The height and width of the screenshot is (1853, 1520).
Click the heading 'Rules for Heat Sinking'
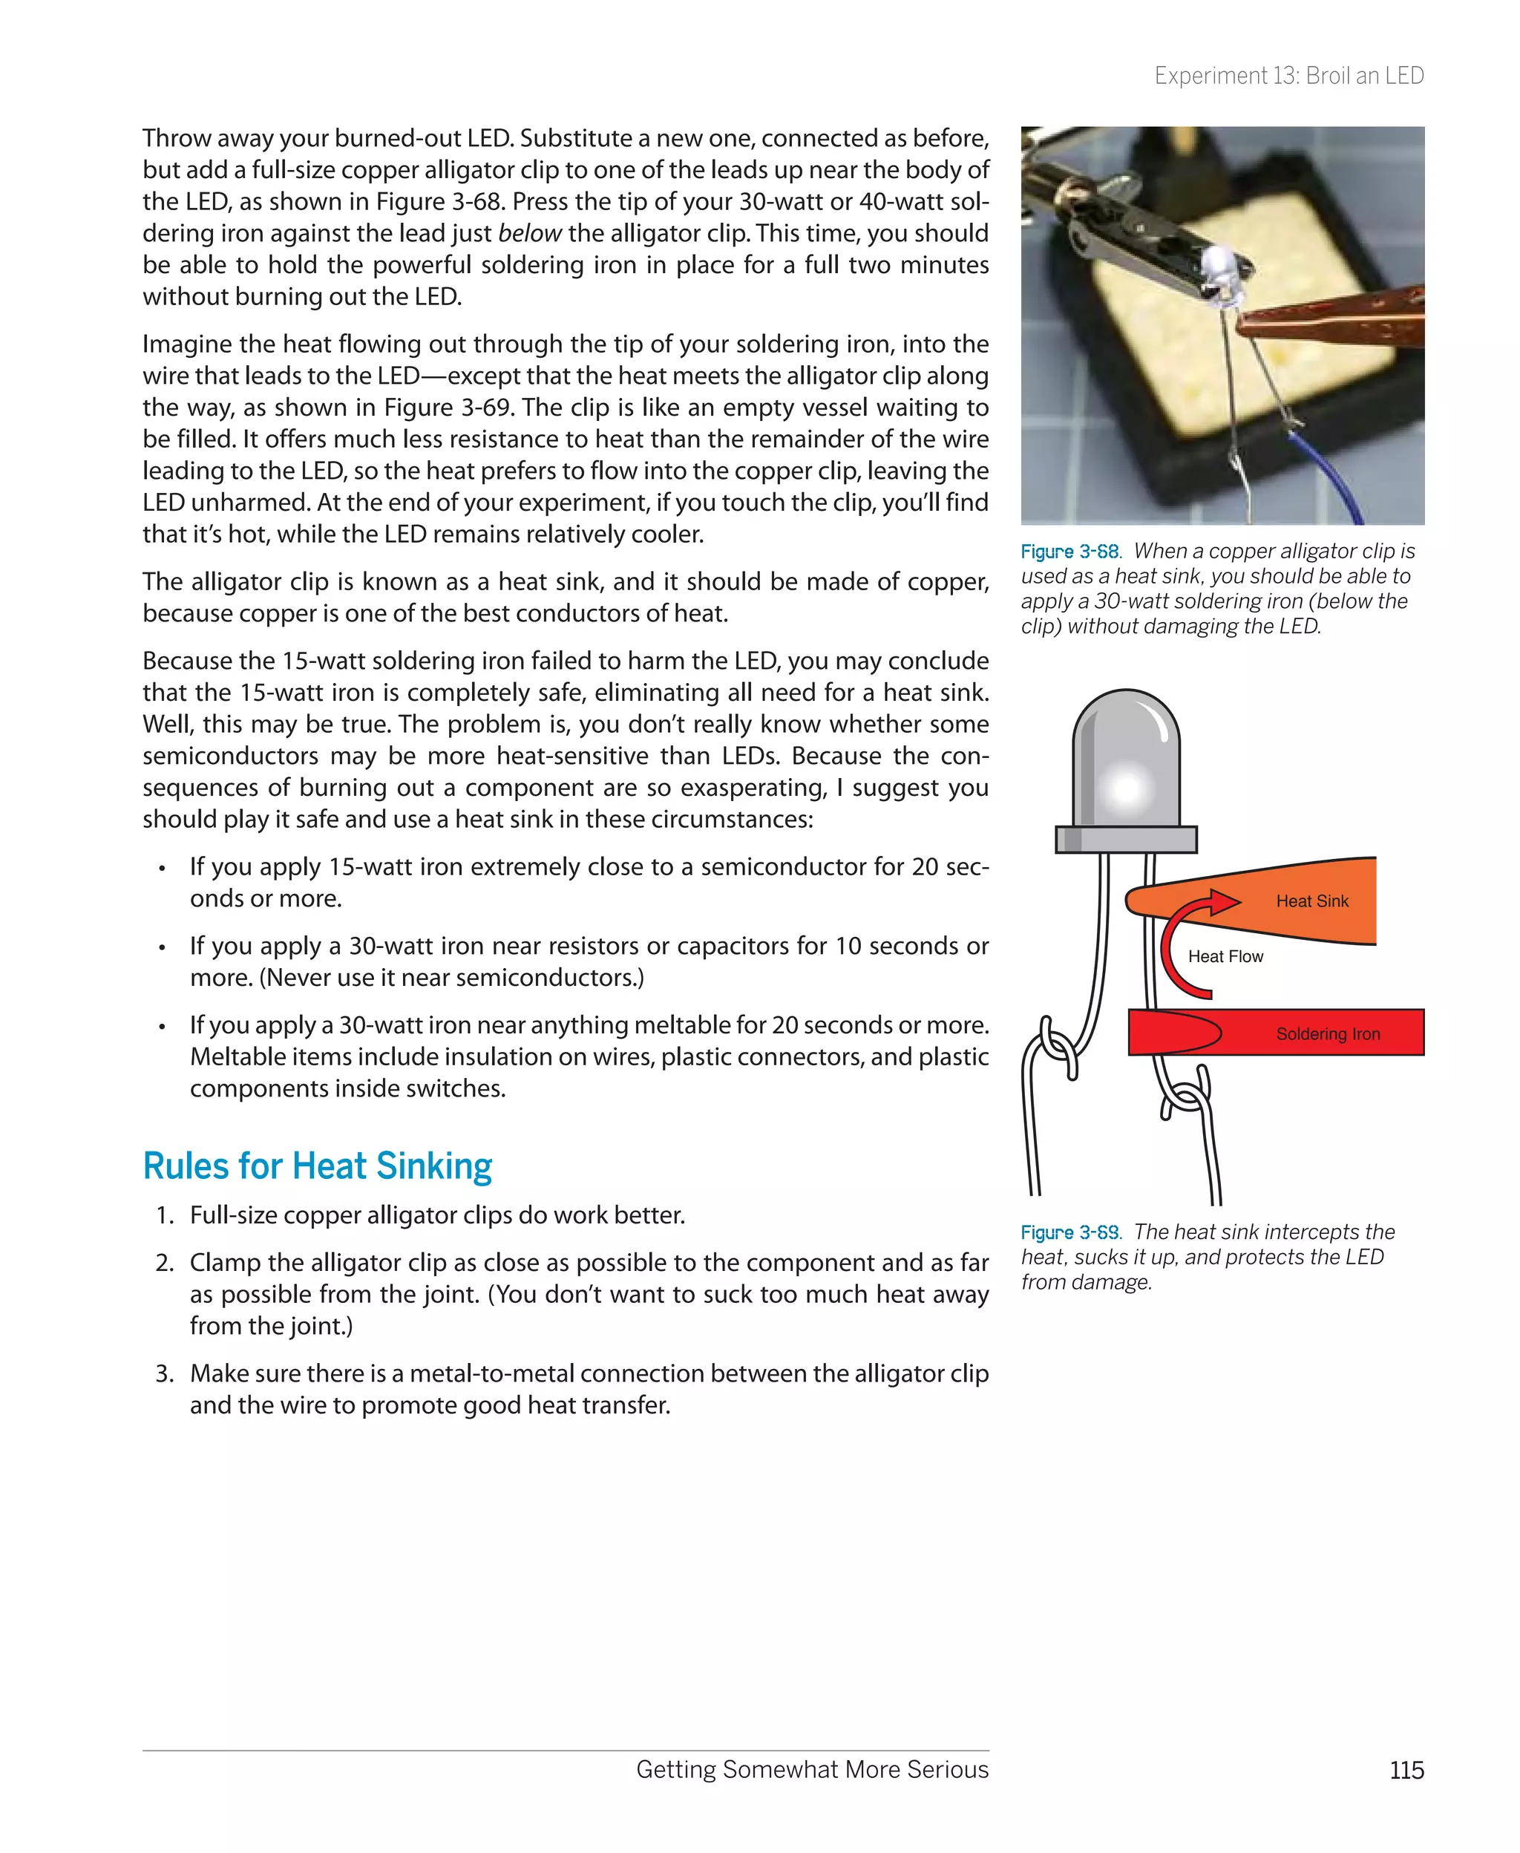coord(317,1166)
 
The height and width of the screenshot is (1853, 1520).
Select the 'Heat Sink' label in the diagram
coord(1311,901)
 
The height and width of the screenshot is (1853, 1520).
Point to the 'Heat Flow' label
coord(1225,956)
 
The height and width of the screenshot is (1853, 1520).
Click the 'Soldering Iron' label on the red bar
coord(1327,1034)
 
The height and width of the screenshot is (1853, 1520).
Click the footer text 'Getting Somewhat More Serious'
coord(812,1770)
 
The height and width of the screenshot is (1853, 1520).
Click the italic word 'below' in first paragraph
coord(529,234)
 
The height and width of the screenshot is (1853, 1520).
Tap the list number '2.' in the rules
coord(166,1263)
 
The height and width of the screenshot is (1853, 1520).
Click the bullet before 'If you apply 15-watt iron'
coord(162,869)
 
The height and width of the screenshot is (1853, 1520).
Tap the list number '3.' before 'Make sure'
coord(166,1374)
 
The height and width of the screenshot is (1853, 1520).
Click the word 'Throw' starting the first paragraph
coord(176,138)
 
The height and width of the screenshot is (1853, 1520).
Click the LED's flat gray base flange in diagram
coord(1126,839)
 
